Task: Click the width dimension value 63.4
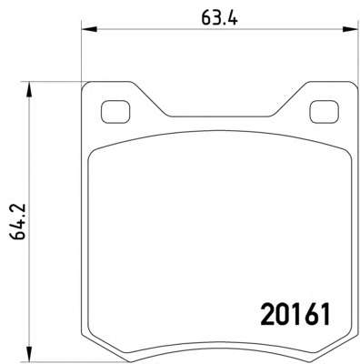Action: pyautogui.click(x=219, y=18)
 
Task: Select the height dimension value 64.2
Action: pyautogui.click(x=18, y=222)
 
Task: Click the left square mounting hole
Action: pyautogui.click(x=115, y=112)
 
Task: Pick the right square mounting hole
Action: pyautogui.click(x=324, y=112)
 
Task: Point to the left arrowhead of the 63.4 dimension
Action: pyautogui.click(x=89, y=29)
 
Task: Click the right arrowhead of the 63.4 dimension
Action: pyautogui.click(x=350, y=29)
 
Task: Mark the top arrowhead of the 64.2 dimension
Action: pyautogui.click(x=29, y=89)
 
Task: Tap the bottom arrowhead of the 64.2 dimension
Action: pyautogui.click(x=29, y=354)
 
